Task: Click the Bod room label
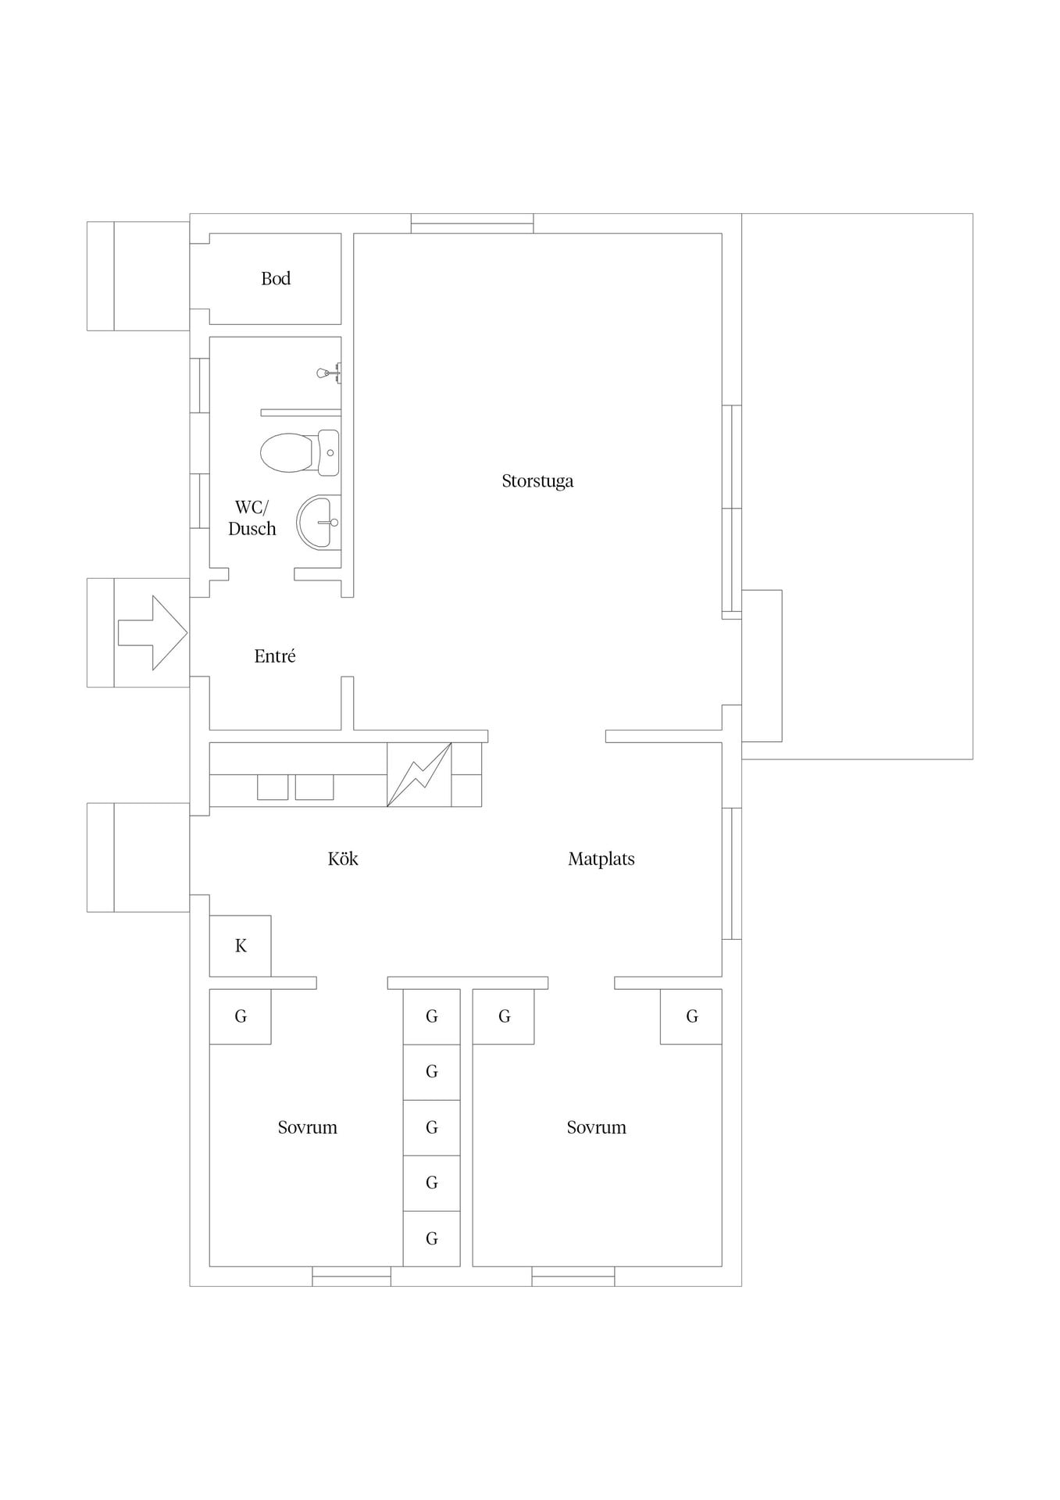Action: pyautogui.click(x=276, y=279)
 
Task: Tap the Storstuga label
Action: pyautogui.click(x=537, y=481)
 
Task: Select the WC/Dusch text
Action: pyautogui.click(x=252, y=518)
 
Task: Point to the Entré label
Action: pyautogui.click(x=275, y=656)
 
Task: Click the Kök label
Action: pyautogui.click(x=343, y=859)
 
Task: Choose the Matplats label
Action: pyautogui.click(x=601, y=859)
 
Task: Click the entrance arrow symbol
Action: pyautogui.click(x=152, y=633)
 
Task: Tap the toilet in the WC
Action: pyautogui.click(x=300, y=452)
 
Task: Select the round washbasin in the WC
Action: pyautogui.click(x=318, y=522)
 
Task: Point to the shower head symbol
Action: pyautogui.click(x=329, y=373)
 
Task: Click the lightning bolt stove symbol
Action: pyautogui.click(x=419, y=774)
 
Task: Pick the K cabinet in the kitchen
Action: pyautogui.click(x=241, y=946)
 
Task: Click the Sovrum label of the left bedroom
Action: pyautogui.click(x=308, y=1127)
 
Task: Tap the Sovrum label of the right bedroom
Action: pyautogui.click(x=597, y=1127)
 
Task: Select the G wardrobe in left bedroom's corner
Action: pyautogui.click(x=241, y=1016)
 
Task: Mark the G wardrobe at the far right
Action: pyautogui.click(x=691, y=1016)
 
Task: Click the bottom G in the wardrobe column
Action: pyautogui.click(x=431, y=1238)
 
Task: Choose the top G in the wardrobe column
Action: pyautogui.click(x=431, y=1016)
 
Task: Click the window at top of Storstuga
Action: pyautogui.click(x=473, y=223)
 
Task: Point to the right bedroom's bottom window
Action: pyautogui.click(x=573, y=1276)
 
